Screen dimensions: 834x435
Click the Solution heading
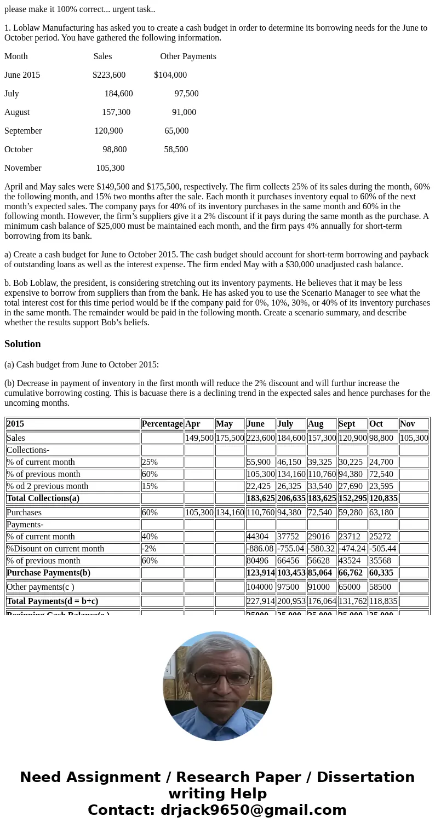22,344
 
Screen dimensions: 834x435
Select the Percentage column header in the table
162,424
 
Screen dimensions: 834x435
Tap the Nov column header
407,424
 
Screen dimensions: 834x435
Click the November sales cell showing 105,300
414,438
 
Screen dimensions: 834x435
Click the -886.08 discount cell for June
260,549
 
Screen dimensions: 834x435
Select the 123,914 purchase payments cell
261,573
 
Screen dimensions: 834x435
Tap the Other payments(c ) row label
40,587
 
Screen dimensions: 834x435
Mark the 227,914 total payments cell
261,601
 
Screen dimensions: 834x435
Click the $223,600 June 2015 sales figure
109,75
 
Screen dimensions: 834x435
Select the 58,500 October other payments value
176,149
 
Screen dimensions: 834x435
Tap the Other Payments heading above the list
188,56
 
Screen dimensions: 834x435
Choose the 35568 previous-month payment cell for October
381,561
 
